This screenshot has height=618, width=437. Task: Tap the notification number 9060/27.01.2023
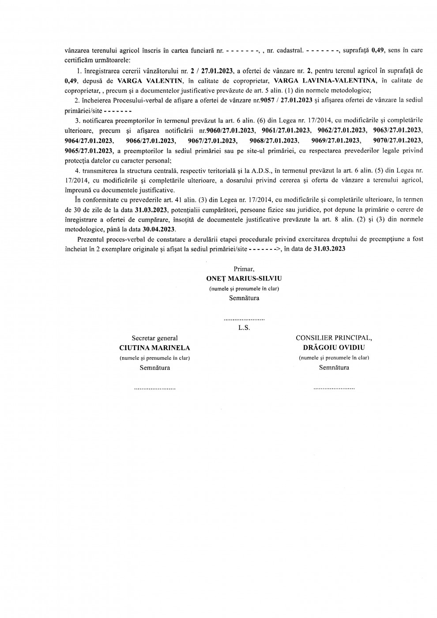tap(230, 131)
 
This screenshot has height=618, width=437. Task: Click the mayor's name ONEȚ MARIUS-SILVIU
tap(244, 279)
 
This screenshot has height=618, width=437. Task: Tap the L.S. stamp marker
tap(244, 328)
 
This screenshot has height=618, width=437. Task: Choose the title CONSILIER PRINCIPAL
tap(334, 338)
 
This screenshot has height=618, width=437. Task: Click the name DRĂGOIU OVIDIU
tap(334, 348)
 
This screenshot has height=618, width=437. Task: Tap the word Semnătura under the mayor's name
tap(244, 298)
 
